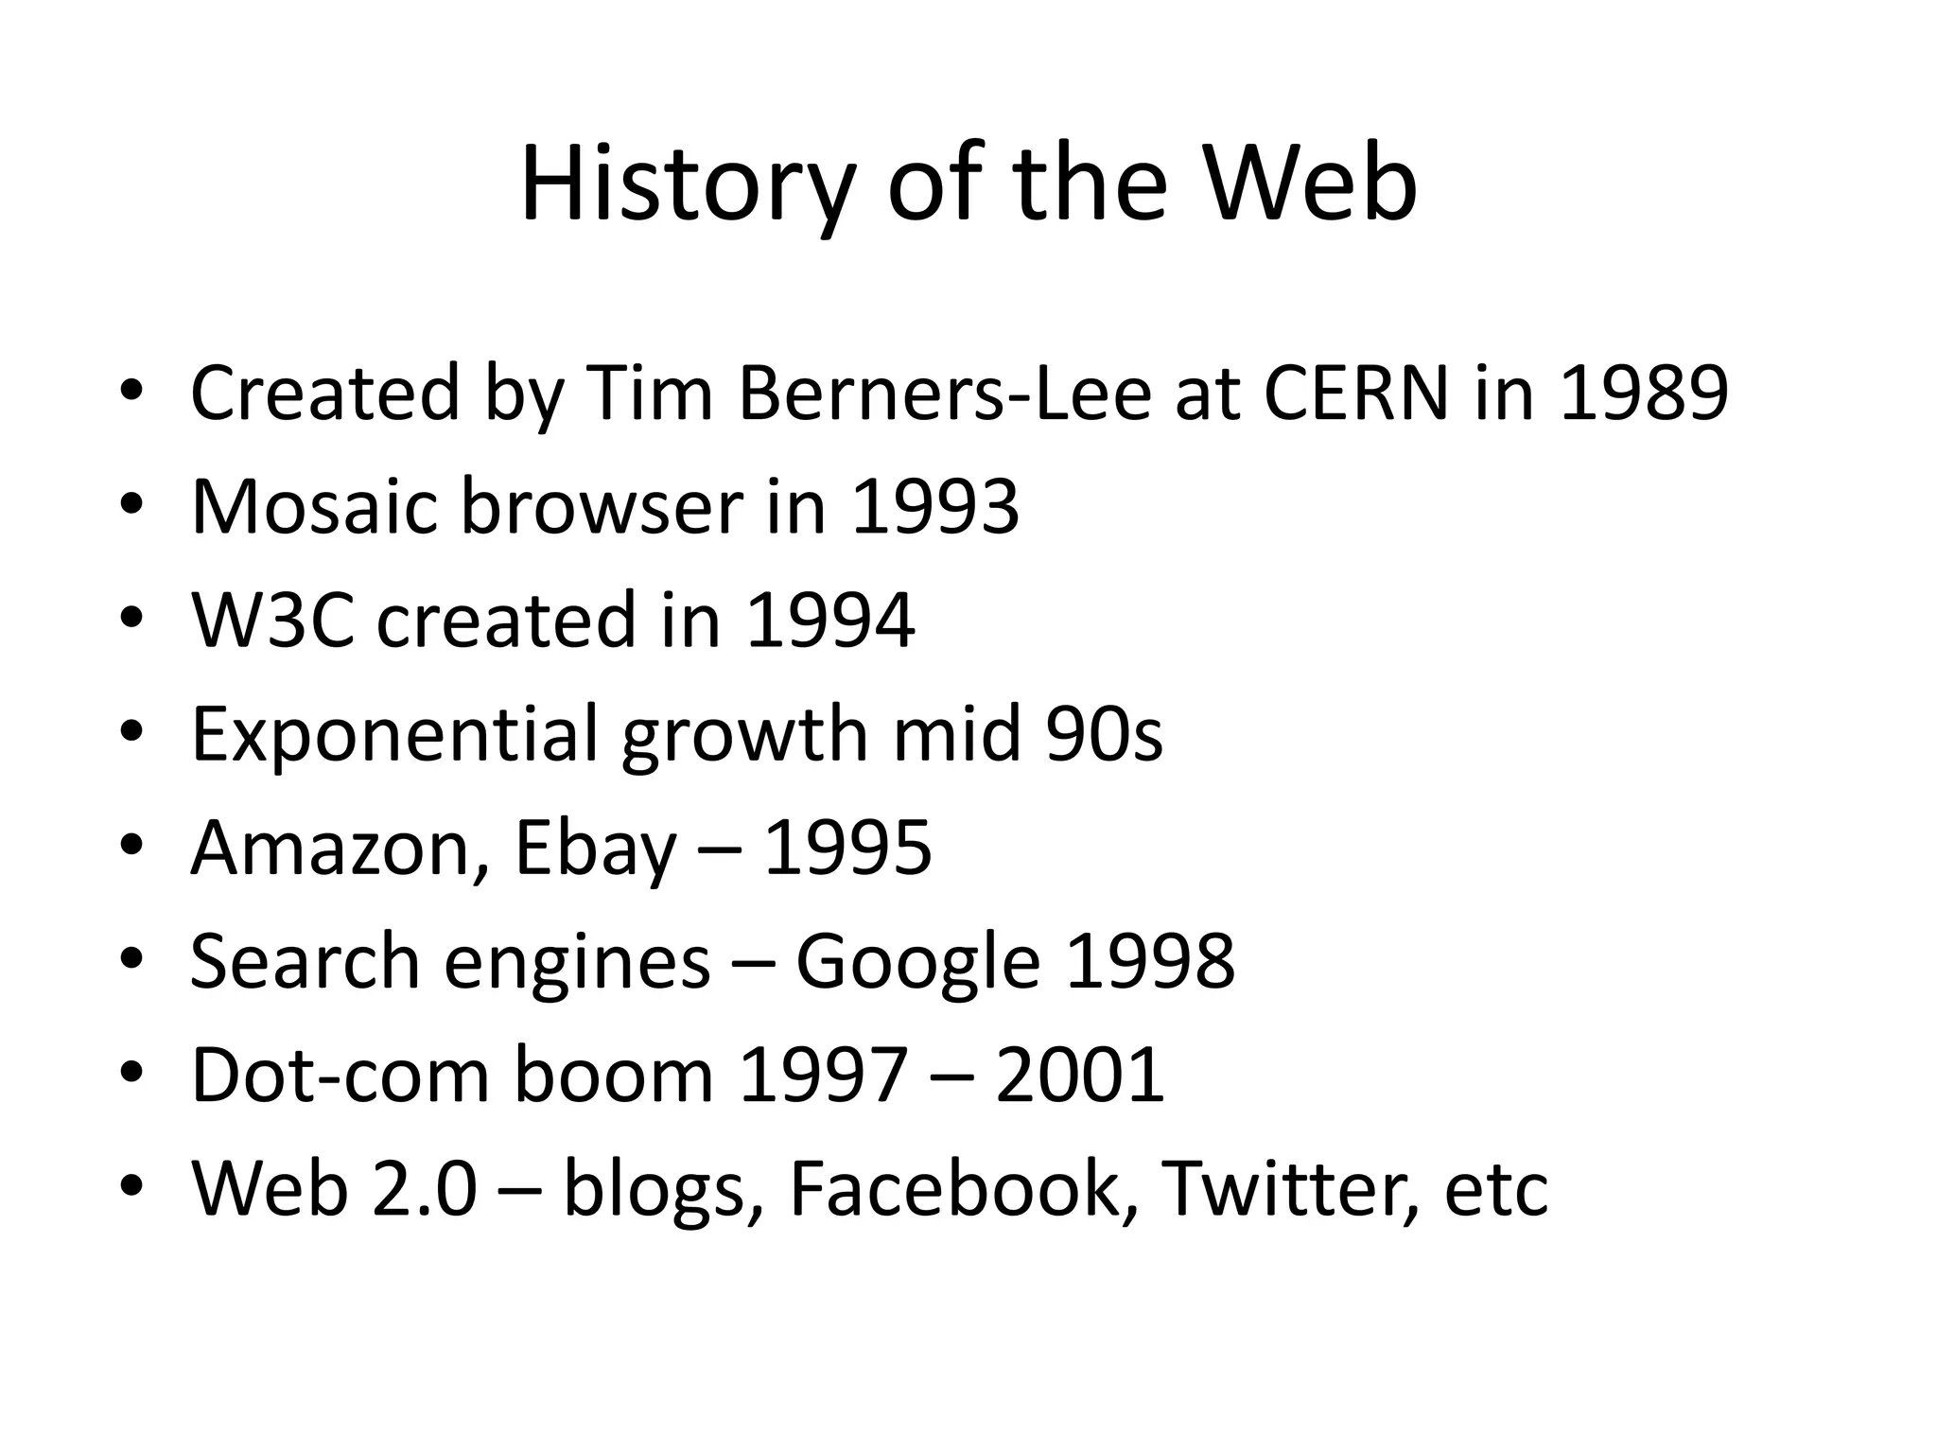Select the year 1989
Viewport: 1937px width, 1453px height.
[1643, 392]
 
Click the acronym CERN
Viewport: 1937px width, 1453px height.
[1355, 392]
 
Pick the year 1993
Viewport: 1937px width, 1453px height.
[934, 506]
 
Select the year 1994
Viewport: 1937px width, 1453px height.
[829, 620]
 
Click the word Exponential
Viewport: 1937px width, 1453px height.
[394, 735]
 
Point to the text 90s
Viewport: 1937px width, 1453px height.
[1104, 734]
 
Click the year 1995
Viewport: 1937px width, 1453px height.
[846, 848]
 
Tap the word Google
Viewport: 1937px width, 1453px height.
[917, 963]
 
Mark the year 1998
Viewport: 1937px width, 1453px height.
[1149, 961]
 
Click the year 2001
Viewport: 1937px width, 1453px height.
[1079, 1075]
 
